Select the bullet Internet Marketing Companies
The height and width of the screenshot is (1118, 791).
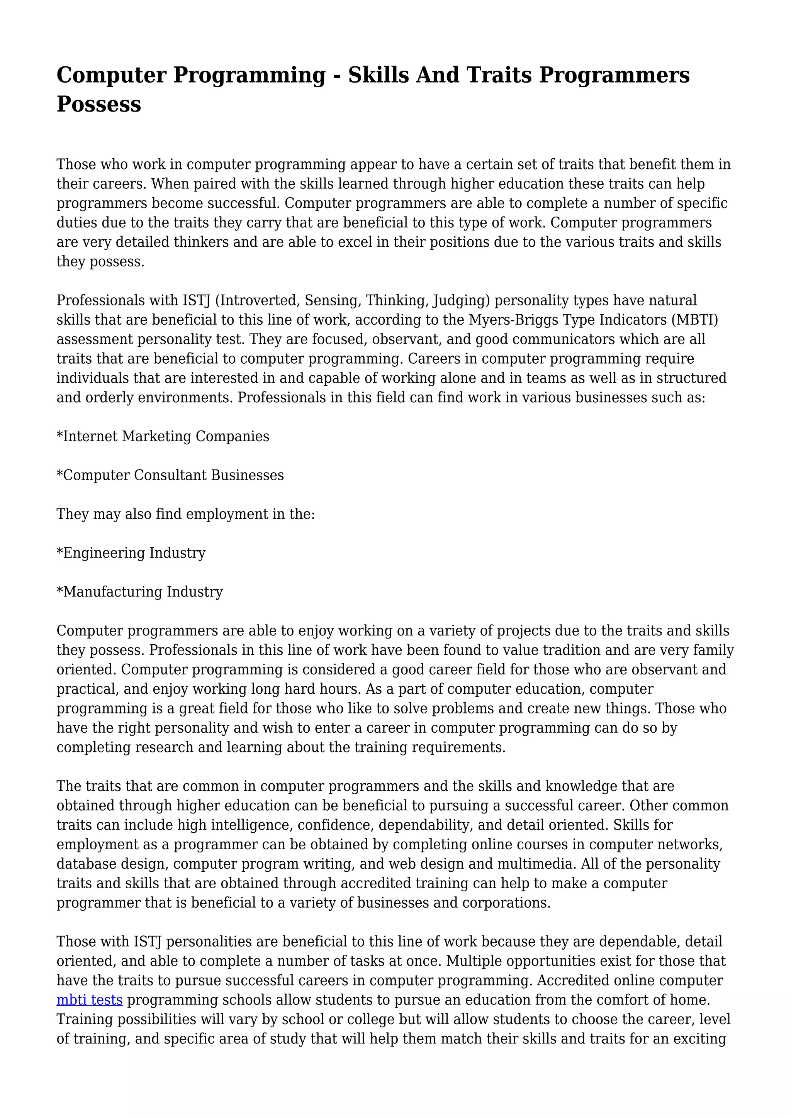click(163, 436)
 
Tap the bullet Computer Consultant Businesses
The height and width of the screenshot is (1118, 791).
click(170, 475)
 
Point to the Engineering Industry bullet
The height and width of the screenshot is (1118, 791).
click(131, 553)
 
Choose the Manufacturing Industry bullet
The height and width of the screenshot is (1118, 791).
click(140, 592)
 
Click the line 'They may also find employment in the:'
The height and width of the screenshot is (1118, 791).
click(185, 514)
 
